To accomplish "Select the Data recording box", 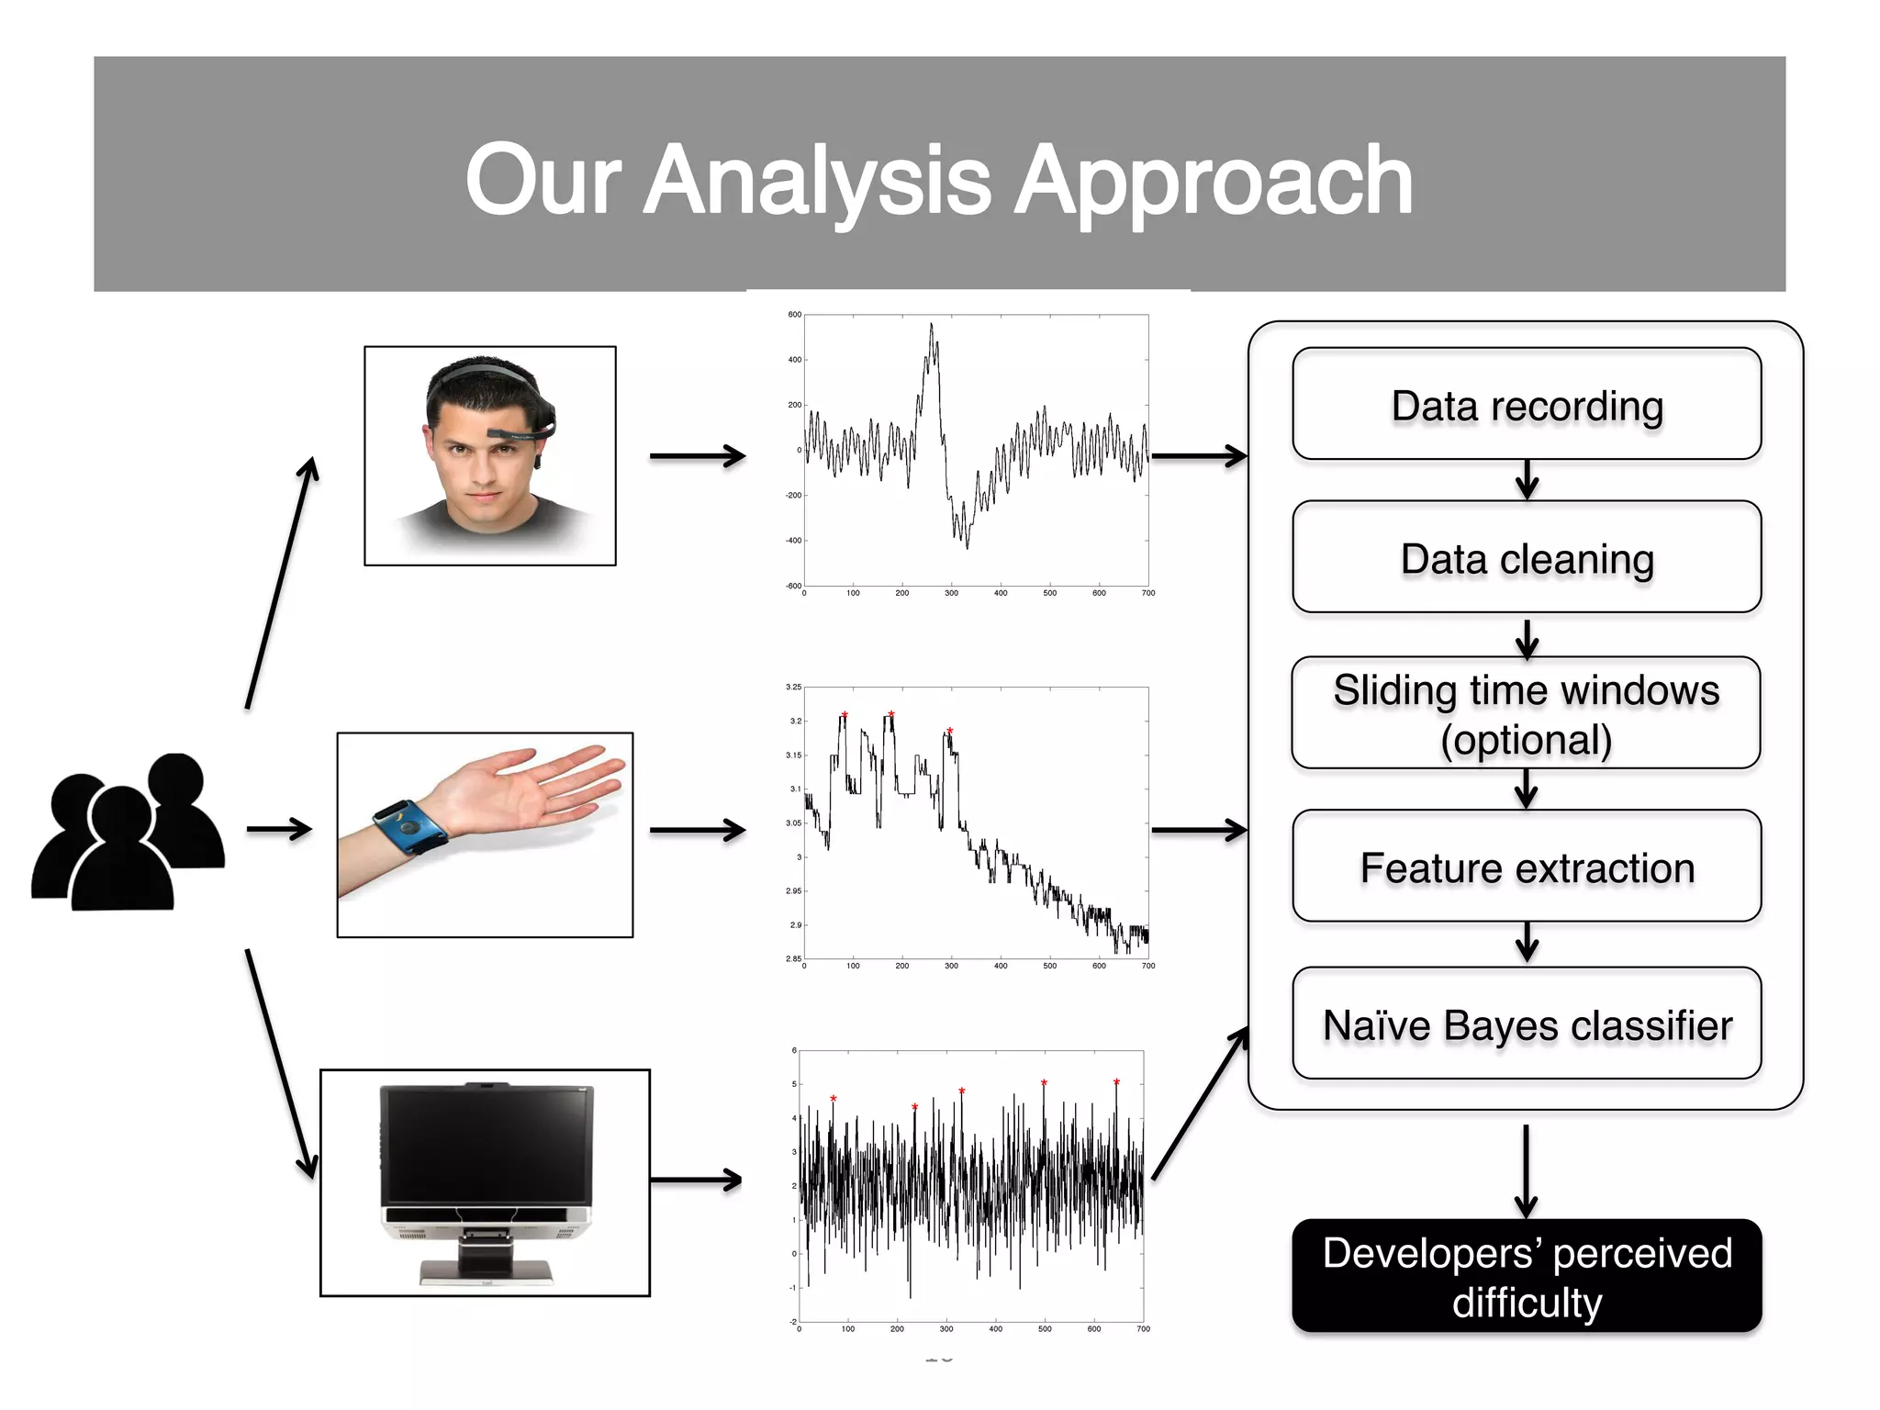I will point(1526,405).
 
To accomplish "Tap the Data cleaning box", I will point(1526,558).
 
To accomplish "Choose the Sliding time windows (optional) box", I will point(1526,713).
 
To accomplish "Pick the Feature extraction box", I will point(1526,867).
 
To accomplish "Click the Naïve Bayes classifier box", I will point(1526,1024).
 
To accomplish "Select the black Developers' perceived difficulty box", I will point(1526,1276).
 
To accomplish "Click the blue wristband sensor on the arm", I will point(409,826).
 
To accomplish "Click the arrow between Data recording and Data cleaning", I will point(1527,480).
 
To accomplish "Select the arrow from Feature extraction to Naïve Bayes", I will point(1527,943).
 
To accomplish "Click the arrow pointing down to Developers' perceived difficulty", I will point(1526,1170).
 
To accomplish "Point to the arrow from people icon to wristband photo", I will point(279,830).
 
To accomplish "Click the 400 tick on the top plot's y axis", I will point(794,360).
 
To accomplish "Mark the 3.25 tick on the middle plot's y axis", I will point(793,687).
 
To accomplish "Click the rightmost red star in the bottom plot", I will point(1116,1082).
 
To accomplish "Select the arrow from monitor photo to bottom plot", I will point(698,1180).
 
